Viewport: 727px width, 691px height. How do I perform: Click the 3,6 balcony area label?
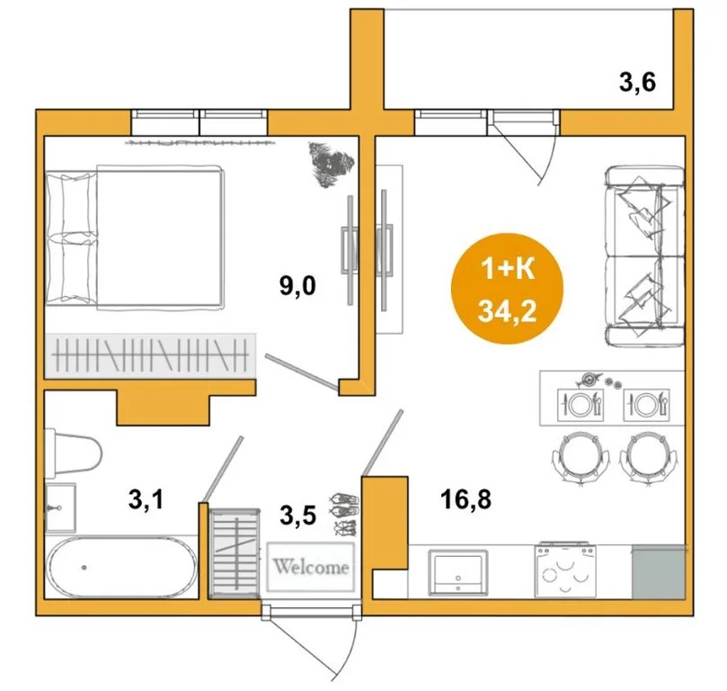(x=637, y=84)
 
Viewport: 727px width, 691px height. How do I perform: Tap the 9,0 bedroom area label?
(x=297, y=285)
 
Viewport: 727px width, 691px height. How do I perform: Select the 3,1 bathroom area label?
(x=146, y=499)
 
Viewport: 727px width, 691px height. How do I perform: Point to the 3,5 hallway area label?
(x=298, y=516)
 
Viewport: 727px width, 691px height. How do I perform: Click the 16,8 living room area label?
(x=465, y=499)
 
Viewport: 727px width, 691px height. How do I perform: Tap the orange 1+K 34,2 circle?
(x=507, y=289)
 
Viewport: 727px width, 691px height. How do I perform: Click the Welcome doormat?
(x=311, y=567)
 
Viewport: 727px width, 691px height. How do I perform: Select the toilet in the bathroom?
(x=73, y=452)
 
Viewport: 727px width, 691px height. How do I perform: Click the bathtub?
(x=123, y=566)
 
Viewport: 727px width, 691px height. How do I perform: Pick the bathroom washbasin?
(x=60, y=507)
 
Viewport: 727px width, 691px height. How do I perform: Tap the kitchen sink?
(x=458, y=572)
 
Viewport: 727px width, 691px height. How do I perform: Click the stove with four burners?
(x=565, y=570)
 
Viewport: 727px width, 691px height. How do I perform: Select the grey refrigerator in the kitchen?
(x=659, y=571)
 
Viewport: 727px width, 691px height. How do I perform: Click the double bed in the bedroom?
(x=135, y=238)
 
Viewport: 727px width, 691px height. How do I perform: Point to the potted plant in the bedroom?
(x=331, y=165)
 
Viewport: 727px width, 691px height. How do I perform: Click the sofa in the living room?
(x=645, y=256)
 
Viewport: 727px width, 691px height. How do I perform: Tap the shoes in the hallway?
(x=344, y=514)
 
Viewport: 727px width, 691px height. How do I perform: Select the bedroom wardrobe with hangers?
(x=150, y=355)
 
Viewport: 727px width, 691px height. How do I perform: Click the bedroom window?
(x=199, y=122)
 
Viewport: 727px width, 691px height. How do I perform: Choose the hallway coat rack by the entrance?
(x=235, y=552)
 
